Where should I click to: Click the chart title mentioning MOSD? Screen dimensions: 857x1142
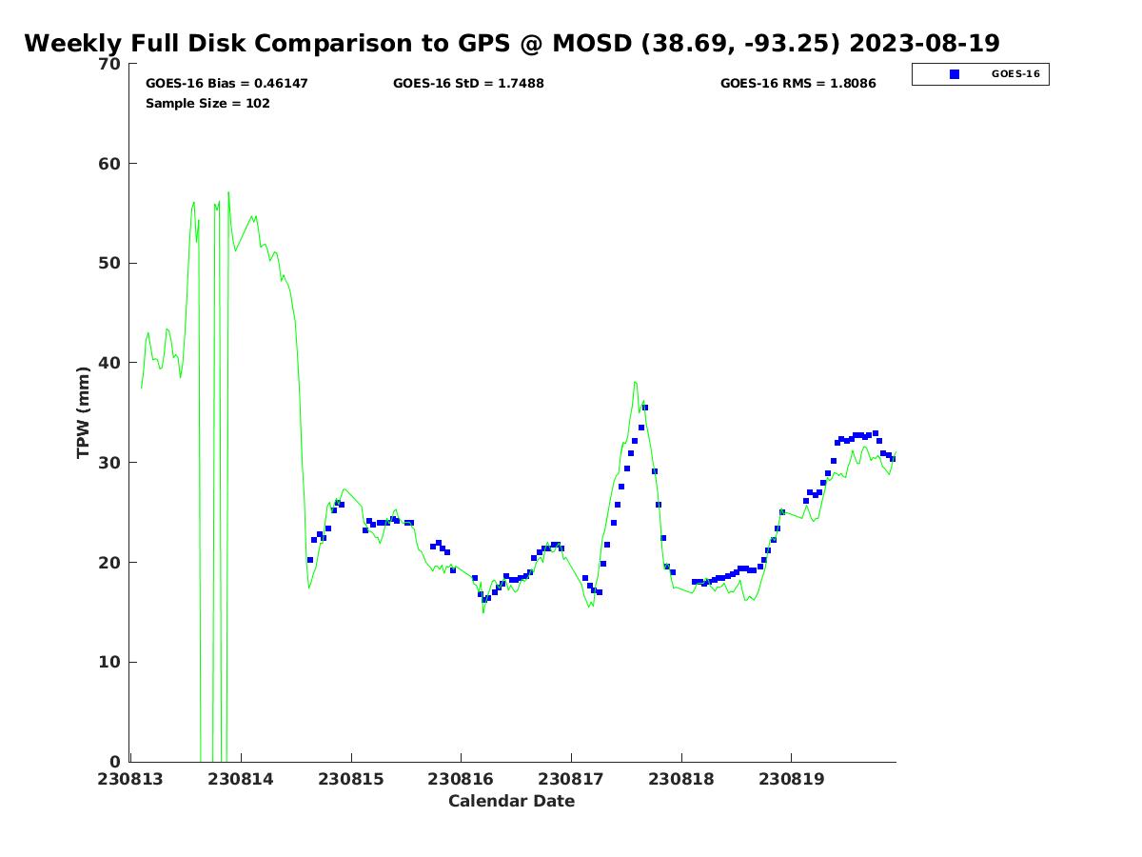point(511,44)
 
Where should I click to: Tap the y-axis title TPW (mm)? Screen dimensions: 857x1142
point(84,411)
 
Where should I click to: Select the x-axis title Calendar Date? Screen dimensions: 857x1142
point(511,801)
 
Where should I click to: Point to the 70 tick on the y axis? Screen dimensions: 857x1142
point(110,64)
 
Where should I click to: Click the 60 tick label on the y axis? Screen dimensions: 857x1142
point(110,164)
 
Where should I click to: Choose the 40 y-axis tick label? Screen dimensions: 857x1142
point(110,363)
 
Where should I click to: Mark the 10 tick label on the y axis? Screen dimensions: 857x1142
point(110,662)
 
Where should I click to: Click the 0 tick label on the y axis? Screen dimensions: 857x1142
point(116,762)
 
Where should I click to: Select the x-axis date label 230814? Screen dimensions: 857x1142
point(242,779)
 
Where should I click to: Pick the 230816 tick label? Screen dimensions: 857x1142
point(462,779)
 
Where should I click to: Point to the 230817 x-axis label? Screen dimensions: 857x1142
point(572,779)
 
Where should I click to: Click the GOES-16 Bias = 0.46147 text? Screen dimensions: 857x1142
point(226,84)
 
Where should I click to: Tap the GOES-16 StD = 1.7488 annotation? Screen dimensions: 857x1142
point(468,84)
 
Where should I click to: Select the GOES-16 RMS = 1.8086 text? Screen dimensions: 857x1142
point(797,84)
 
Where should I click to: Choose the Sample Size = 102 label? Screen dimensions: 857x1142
point(207,103)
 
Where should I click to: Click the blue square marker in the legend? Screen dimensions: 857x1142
point(955,74)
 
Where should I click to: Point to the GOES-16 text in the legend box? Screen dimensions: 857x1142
point(1015,74)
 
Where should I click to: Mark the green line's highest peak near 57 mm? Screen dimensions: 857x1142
point(228,192)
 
